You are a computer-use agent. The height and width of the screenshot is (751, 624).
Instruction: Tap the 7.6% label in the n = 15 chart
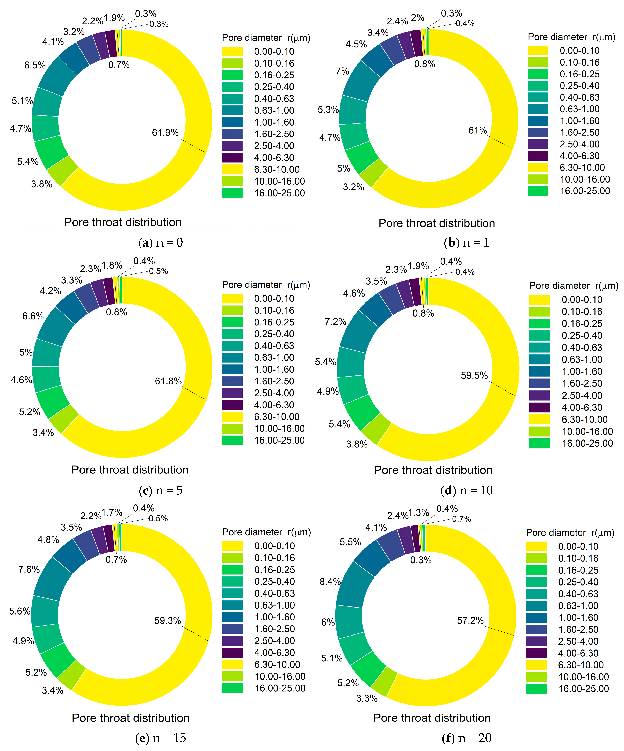pyautogui.click(x=29, y=569)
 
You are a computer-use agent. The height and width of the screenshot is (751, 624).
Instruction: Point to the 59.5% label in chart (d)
pyautogui.click(x=474, y=375)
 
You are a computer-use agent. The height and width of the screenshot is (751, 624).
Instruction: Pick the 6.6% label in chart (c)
pyautogui.click(x=33, y=316)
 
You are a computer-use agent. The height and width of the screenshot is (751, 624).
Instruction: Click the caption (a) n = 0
pyautogui.click(x=161, y=243)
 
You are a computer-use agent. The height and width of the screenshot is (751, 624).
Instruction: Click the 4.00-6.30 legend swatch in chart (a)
pyautogui.click(x=232, y=158)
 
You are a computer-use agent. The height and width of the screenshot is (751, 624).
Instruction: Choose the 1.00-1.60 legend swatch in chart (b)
pyautogui.click(x=538, y=121)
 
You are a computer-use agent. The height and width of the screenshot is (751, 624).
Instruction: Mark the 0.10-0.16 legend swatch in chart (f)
pyautogui.click(x=536, y=558)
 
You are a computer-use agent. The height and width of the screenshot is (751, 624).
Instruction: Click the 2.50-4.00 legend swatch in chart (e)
pyautogui.click(x=233, y=641)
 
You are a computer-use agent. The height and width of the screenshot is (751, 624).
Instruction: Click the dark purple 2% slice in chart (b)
pyautogui.click(x=416, y=43)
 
